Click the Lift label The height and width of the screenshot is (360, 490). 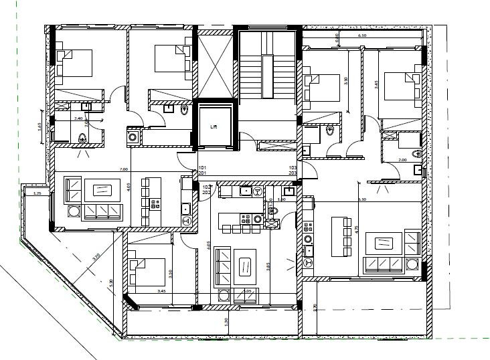pos(214,125)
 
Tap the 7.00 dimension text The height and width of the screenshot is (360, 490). pos(123,169)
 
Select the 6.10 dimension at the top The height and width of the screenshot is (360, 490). pos(361,35)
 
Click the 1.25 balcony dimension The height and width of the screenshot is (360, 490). pos(37,193)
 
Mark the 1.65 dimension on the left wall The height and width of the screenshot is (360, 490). pos(40,125)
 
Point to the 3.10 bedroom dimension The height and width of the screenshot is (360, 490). pos(171,273)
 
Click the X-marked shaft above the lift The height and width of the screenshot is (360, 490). pos(214,64)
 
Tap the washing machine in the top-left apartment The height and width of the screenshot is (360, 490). pos(133,137)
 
